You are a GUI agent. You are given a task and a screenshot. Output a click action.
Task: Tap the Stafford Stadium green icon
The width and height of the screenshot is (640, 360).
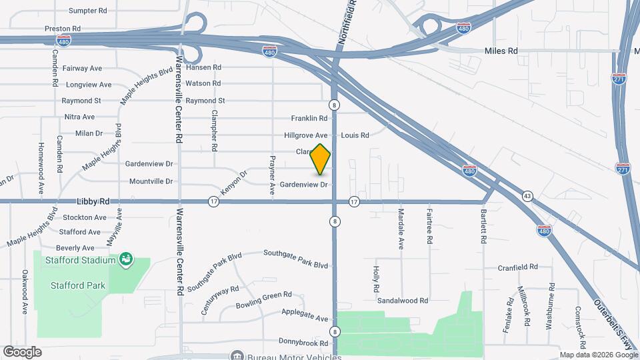coord(125,258)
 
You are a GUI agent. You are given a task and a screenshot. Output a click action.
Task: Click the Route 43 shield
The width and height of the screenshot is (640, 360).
coord(527,196)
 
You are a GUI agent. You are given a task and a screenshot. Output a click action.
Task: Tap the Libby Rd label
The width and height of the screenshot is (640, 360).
coord(93,201)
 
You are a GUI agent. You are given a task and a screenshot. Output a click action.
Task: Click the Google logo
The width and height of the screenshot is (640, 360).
coord(22,351)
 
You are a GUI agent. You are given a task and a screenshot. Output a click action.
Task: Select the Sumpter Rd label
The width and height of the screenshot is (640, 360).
coord(88,11)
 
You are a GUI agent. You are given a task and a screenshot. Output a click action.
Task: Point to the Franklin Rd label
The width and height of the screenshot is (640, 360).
coord(309,118)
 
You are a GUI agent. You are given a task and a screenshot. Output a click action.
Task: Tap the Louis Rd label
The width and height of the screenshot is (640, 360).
coord(355,135)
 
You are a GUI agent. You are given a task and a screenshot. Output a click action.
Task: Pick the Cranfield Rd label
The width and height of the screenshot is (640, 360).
coord(517,267)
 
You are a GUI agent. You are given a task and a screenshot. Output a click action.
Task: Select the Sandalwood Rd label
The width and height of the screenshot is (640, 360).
coord(402,301)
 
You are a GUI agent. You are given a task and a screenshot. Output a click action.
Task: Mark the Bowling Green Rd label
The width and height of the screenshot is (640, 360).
coord(264,300)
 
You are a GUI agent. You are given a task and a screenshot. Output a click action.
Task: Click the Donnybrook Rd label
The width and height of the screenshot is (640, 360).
coord(303,343)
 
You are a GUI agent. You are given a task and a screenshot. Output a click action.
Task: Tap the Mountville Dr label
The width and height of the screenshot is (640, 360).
coord(151,181)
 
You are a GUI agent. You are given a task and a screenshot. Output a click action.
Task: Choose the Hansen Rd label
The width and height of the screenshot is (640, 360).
coord(203,67)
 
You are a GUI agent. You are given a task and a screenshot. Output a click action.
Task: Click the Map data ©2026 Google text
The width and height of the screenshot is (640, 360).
coord(597,355)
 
